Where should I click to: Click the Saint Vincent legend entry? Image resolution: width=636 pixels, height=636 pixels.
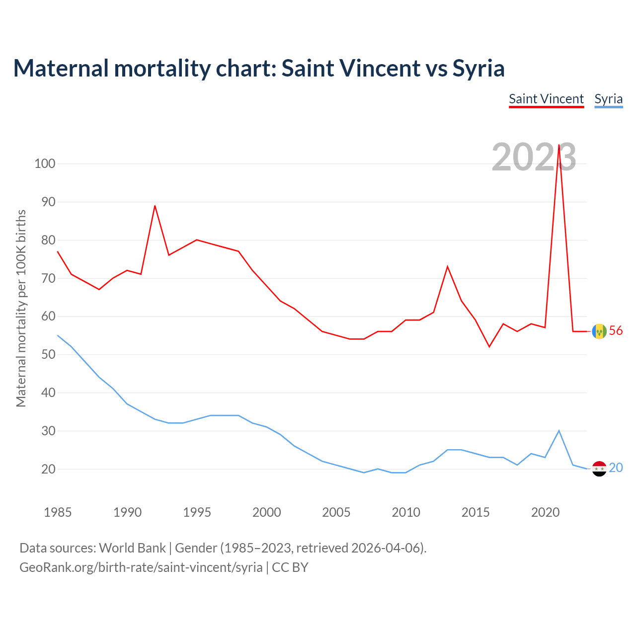pos(546,99)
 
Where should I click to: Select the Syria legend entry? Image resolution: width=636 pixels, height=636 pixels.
pos(608,99)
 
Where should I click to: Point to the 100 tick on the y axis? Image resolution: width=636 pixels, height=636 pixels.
pos(45,163)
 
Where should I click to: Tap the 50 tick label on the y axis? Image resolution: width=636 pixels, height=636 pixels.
pos(45,355)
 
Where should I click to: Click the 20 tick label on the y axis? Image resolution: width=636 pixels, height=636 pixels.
pos(45,469)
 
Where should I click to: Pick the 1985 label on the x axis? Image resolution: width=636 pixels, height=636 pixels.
pos(58,512)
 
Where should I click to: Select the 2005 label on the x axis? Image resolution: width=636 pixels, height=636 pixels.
pos(336,512)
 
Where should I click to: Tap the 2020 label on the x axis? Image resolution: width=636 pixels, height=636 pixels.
pos(545,512)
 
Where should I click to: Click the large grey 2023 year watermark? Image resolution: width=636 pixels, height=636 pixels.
pos(534,157)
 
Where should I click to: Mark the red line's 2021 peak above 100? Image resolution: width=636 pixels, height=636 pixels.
pos(559,145)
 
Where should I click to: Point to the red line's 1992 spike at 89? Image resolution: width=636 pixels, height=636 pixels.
pos(155,206)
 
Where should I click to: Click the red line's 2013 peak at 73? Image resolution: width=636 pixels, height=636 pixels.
pos(448,267)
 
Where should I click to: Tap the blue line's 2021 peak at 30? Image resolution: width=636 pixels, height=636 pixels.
pos(559,431)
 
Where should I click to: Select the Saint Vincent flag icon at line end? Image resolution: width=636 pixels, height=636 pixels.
pos(599,331)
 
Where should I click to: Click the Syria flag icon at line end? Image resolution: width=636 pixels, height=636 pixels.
pos(599,468)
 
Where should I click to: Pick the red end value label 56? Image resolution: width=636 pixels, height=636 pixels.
pos(616,331)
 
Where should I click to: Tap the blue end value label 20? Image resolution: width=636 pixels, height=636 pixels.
pos(616,468)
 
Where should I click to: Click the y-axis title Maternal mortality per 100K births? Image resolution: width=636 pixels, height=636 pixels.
pos(21,308)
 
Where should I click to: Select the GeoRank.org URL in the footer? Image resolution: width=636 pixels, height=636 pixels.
pos(141,567)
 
